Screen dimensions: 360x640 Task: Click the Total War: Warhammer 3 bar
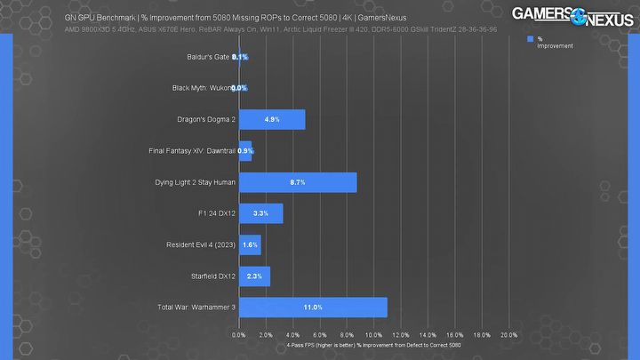pyautogui.click(x=313, y=307)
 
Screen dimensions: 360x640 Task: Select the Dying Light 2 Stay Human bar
pyautogui.click(x=298, y=182)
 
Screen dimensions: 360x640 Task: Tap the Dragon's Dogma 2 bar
pyautogui.click(x=272, y=119)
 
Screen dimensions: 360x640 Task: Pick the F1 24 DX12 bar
pyautogui.click(x=260, y=213)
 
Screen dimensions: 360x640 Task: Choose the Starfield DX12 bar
pyautogui.click(x=254, y=276)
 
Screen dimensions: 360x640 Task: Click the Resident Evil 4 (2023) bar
pyautogui.click(x=250, y=244)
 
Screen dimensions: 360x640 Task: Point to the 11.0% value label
pyautogui.click(x=312, y=307)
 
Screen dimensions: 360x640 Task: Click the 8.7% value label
pyautogui.click(x=297, y=182)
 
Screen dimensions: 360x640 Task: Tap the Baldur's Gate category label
pyautogui.click(x=203, y=56)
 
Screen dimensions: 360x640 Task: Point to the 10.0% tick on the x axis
pyautogui.click(x=373, y=335)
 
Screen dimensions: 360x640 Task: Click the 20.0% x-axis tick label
pyautogui.click(x=508, y=335)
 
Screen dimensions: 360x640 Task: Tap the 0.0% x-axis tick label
pyautogui.click(x=239, y=335)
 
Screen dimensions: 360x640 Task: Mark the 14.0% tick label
pyautogui.click(x=428, y=335)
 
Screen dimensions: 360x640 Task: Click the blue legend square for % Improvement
pyautogui.click(x=530, y=39)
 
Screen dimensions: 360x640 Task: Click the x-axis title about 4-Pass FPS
pyautogui.click(x=374, y=344)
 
